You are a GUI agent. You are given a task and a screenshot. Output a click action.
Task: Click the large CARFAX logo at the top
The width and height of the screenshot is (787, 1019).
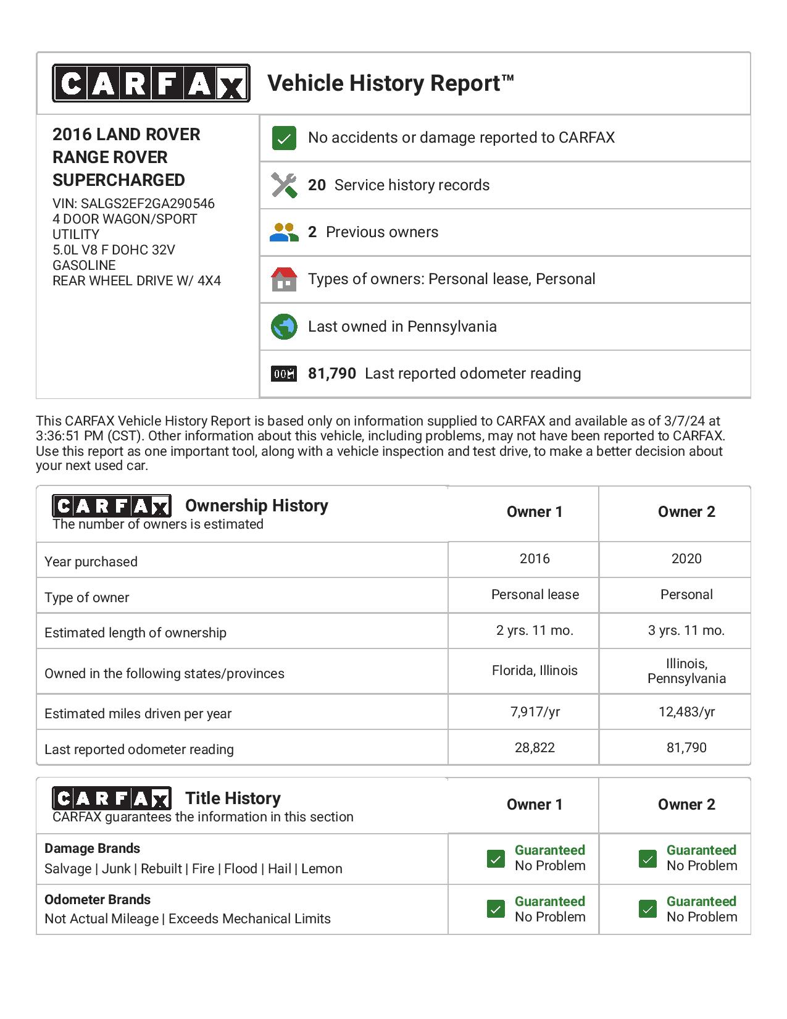[x=151, y=83]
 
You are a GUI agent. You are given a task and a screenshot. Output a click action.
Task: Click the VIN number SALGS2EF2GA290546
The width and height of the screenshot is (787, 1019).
[x=148, y=204]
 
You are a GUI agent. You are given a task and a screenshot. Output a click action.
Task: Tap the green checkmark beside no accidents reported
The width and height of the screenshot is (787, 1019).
[x=284, y=138]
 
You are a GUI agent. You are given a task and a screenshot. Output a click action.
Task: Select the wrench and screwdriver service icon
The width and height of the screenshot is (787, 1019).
[x=284, y=185]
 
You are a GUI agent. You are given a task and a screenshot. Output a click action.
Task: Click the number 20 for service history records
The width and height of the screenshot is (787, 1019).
[x=317, y=185]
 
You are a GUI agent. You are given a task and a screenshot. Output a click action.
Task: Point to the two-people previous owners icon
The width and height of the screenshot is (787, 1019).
[x=284, y=232]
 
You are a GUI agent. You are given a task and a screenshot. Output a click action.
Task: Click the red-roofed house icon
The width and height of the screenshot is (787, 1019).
[x=284, y=279]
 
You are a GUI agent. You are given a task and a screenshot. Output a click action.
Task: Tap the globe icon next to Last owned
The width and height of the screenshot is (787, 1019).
[x=284, y=327]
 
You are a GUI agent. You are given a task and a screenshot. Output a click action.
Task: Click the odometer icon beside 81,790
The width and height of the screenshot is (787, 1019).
[x=284, y=374]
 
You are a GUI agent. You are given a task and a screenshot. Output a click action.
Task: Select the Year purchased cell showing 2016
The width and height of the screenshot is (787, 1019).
[x=535, y=559]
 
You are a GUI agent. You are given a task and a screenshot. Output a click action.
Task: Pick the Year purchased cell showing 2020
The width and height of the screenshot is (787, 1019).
[x=686, y=559]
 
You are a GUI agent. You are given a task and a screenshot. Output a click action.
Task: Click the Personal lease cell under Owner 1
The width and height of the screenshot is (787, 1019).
[x=535, y=595]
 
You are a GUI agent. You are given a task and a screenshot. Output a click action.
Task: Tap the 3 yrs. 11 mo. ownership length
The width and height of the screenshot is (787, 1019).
[x=686, y=631]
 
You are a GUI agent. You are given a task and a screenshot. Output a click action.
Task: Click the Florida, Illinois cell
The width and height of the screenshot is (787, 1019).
[x=535, y=671]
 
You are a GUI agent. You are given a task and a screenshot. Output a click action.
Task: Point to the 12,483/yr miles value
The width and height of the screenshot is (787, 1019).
[x=686, y=712]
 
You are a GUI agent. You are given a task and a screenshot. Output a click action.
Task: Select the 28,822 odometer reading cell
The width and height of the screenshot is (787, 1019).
[x=535, y=748]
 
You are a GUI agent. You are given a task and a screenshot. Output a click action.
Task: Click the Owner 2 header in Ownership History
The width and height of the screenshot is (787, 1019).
[x=686, y=512]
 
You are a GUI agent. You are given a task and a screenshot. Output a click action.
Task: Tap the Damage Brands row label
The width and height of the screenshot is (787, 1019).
[x=93, y=849]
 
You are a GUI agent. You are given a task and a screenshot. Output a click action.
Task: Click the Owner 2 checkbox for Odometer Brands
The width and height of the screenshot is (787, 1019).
[x=648, y=909]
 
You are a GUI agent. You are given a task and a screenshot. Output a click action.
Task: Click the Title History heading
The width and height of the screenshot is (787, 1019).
[x=233, y=799]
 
